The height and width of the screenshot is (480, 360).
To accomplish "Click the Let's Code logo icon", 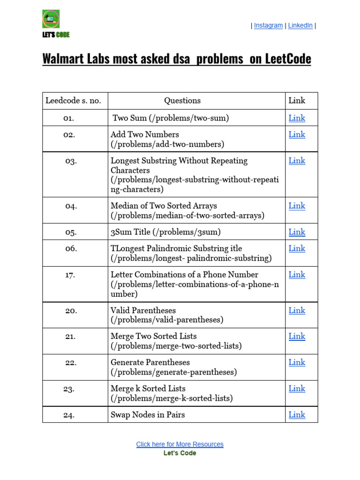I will (51, 19).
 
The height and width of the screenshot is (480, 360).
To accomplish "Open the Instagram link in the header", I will (268, 26).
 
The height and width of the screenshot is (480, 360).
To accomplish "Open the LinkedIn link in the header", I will (300, 26).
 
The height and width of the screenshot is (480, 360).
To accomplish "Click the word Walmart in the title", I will (67, 59).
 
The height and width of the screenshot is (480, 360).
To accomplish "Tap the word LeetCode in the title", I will (288, 59).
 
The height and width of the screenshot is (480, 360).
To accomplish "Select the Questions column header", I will (182, 100).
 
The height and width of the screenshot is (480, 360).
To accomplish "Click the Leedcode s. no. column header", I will (73, 100).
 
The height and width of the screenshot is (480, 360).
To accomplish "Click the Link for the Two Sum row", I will (297, 118).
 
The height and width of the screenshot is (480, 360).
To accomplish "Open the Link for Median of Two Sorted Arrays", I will (297, 206).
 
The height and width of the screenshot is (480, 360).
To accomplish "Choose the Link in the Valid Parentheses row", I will (297, 310).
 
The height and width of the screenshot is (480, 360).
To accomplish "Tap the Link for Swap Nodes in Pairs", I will (297, 415).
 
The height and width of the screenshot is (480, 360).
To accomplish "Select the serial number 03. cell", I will (71, 161).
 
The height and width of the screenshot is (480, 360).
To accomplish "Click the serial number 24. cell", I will (69, 415).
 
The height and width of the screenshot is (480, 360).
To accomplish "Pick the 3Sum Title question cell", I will (165, 232).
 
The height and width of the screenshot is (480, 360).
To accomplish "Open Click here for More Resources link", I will (180, 444).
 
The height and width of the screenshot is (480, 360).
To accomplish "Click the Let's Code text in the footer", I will (180, 453).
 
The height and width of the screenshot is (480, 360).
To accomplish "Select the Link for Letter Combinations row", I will (297, 275).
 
